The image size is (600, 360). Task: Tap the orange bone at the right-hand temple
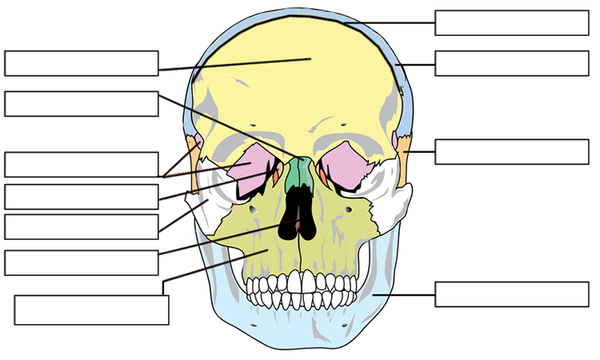pyautogui.click(x=405, y=160)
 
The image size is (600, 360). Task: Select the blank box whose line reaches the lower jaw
pyautogui.click(x=512, y=294)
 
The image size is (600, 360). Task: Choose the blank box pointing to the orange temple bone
pyautogui.click(x=512, y=152)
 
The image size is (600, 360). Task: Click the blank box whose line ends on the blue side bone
pyautogui.click(x=512, y=63)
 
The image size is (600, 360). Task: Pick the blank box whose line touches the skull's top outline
pyautogui.click(x=512, y=23)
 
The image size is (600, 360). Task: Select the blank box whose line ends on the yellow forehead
pyautogui.click(x=81, y=63)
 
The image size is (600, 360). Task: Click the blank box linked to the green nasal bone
pyautogui.click(x=81, y=104)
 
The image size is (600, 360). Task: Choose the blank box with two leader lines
pyautogui.click(x=81, y=164)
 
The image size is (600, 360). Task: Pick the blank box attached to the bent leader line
pyautogui.click(x=91, y=310)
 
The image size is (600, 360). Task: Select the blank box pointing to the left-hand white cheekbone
pyautogui.click(x=81, y=227)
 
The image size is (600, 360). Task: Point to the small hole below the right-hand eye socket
pyautogui.click(x=350, y=210)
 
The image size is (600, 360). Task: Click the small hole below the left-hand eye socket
pyautogui.click(x=253, y=209)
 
